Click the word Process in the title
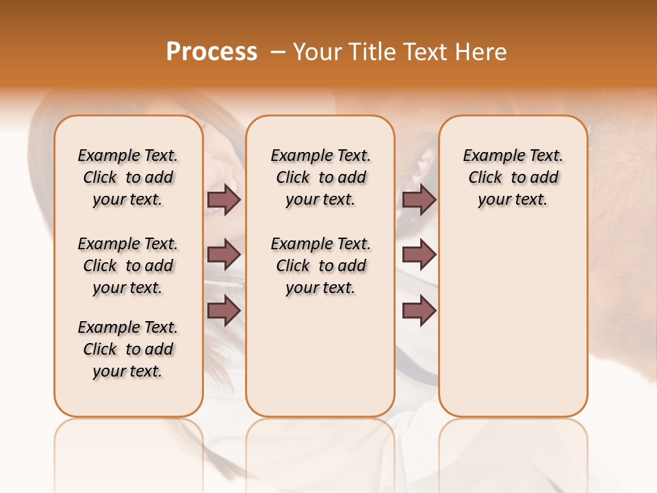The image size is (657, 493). (211, 52)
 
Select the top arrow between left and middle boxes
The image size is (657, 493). (224, 199)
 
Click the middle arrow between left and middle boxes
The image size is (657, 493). (224, 255)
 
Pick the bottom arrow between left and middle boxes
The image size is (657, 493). (224, 311)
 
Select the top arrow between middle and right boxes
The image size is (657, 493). (419, 199)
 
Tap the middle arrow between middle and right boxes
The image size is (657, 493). (419, 255)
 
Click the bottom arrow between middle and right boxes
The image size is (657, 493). (419, 311)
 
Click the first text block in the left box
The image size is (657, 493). (128, 177)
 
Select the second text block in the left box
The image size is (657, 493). (128, 266)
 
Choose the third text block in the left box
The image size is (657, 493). (128, 349)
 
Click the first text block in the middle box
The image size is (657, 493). (320, 177)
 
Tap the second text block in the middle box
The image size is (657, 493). (320, 266)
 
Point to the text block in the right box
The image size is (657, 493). (513, 177)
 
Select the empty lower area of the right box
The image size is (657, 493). (513, 322)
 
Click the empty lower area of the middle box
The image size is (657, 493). (320, 356)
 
